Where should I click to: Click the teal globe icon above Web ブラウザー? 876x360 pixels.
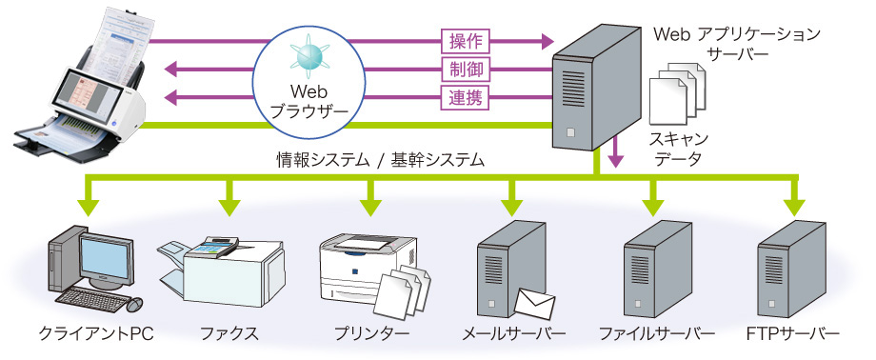[x=315, y=54]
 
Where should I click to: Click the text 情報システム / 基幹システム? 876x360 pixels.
[x=375, y=160]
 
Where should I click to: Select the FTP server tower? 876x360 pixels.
[x=791, y=272]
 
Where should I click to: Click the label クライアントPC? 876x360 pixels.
[x=96, y=334]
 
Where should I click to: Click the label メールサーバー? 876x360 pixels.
[x=513, y=334]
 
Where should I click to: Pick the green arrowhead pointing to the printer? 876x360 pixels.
[x=370, y=205]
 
